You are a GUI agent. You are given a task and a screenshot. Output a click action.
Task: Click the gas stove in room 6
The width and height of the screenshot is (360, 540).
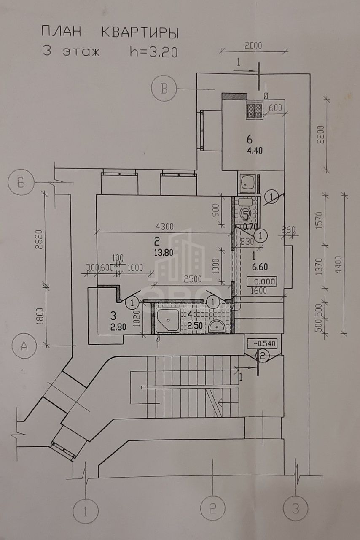click(x=254, y=111)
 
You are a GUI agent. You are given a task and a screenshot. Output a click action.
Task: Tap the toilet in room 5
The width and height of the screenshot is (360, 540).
click(x=246, y=208)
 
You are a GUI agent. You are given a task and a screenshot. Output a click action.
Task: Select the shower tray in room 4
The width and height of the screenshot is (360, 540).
click(x=168, y=320)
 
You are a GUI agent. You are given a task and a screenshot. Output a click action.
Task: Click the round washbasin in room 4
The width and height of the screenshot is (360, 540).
click(x=217, y=327)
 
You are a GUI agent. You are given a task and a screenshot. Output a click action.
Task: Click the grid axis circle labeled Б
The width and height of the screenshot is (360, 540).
click(x=21, y=184)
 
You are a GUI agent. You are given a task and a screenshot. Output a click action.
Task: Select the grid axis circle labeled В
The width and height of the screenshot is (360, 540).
click(x=164, y=89)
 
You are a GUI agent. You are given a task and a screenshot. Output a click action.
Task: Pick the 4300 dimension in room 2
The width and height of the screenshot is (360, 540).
click(x=165, y=227)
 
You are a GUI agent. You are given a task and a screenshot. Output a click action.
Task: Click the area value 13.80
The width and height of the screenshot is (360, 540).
click(x=164, y=253)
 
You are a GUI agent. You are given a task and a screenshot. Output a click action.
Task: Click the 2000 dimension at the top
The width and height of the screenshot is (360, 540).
click(x=253, y=46)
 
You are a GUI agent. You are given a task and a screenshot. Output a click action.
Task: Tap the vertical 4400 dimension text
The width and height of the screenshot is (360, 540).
click(x=339, y=265)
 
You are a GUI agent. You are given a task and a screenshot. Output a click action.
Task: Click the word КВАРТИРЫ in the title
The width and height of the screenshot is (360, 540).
click(x=140, y=32)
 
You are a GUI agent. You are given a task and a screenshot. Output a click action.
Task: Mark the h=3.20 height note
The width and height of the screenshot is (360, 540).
click(x=154, y=52)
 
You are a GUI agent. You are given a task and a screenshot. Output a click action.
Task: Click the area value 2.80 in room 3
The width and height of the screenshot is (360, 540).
click(x=118, y=327)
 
